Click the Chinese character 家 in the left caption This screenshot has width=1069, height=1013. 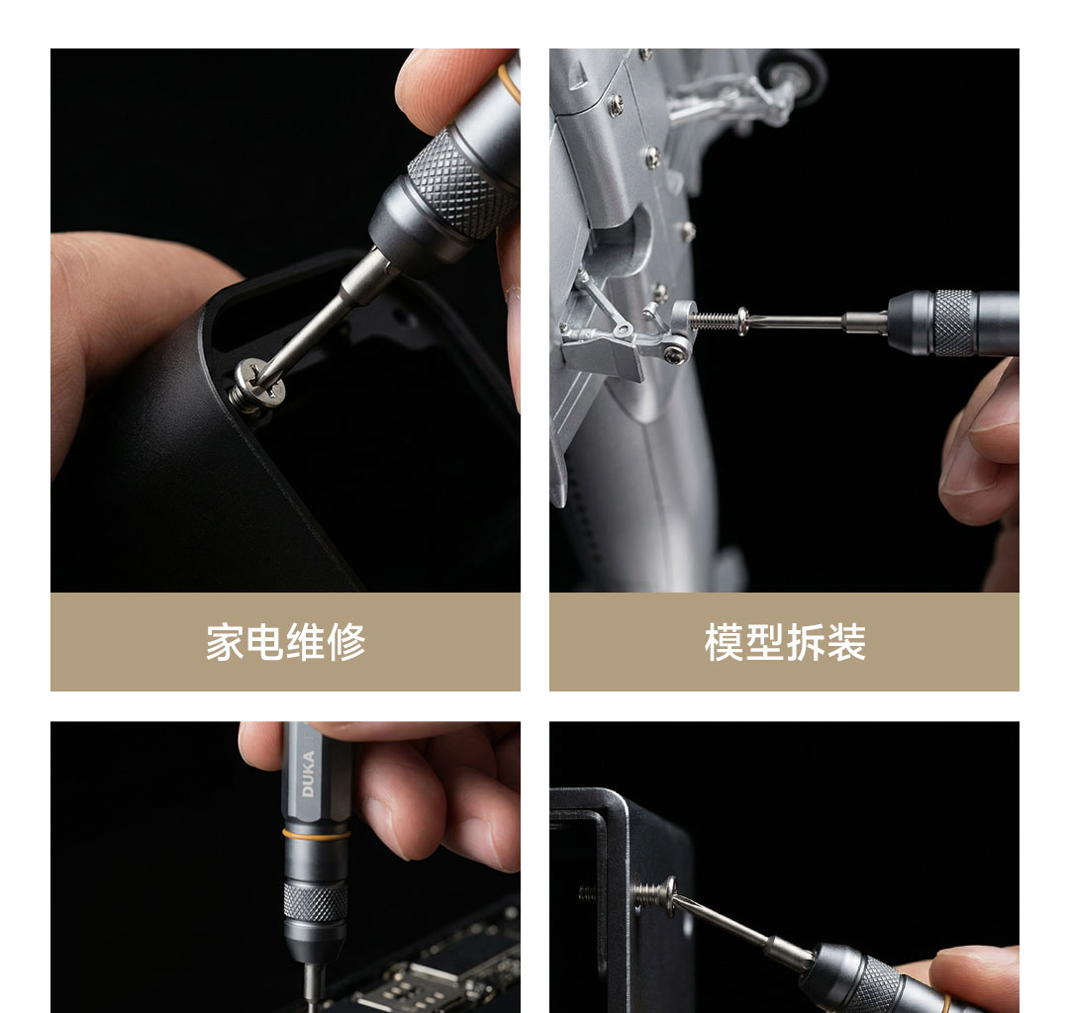pyautogui.click(x=225, y=642)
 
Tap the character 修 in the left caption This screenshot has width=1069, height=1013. pyautogui.click(x=346, y=642)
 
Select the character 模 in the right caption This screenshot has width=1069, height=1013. pyautogui.click(x=724, y=642)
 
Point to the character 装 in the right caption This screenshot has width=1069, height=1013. pyautogui.click(x=846, y=642)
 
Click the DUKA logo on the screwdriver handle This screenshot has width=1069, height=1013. pyautogui.click(x=308, y=774)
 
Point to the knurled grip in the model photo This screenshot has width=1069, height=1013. pyautogui.click(x=953, y=322)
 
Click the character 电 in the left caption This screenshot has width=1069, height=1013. pyautogui.click(x=265, y=642)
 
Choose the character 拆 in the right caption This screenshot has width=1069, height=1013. pyautogui.click(x=806, y=642)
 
